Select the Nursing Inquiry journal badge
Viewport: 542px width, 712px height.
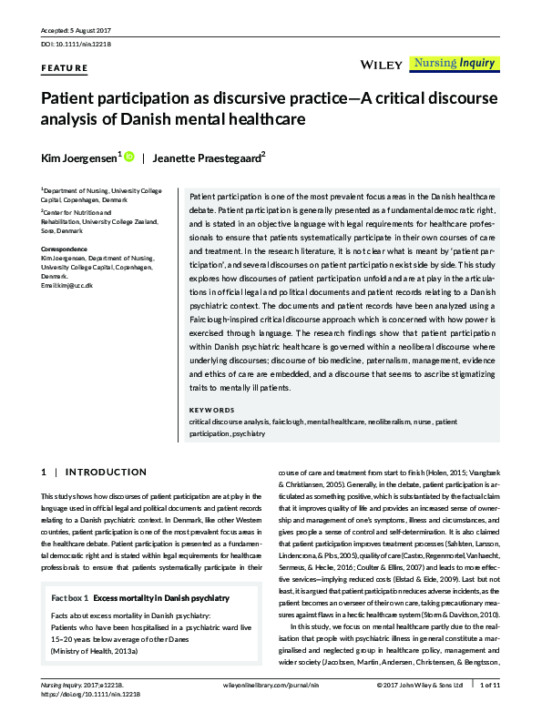coord(453,64)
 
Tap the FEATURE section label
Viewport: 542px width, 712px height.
coord(65,67)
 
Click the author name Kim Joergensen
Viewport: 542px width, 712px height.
coord(77,158)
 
